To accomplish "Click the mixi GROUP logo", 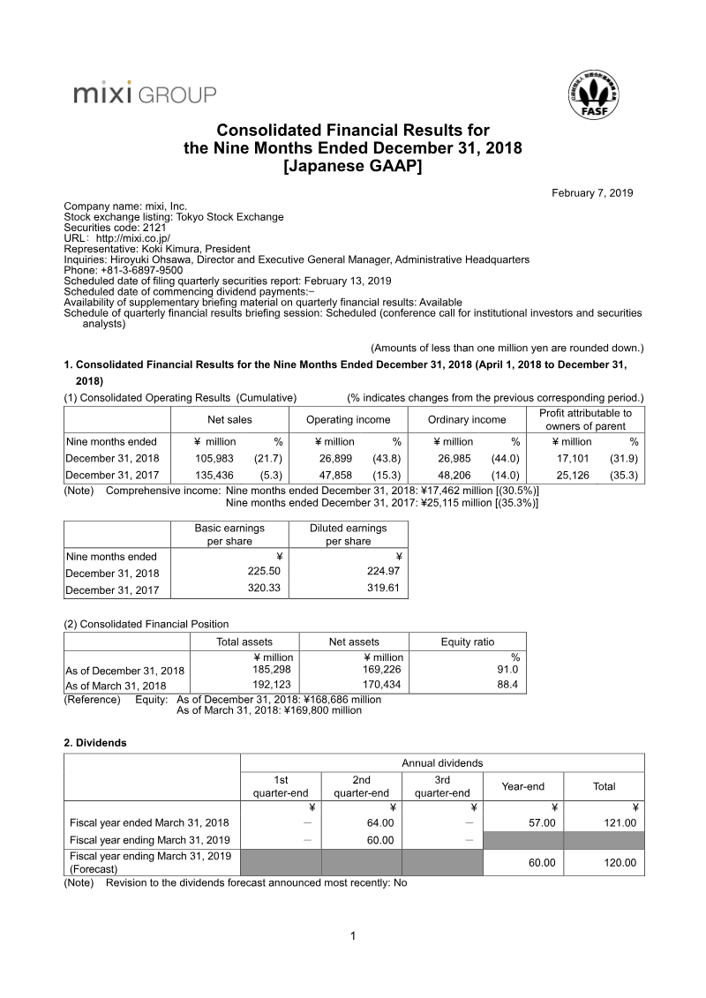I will (145, 94).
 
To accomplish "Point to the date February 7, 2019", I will (592, 193).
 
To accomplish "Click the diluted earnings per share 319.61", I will (383, 589).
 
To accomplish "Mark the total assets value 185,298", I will (274, 669).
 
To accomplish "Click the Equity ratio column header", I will (468, 642).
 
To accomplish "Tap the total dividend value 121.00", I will (619, 822).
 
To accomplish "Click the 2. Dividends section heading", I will (95, 743).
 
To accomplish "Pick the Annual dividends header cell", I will (442, 763).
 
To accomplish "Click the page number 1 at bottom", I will (353, 936).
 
